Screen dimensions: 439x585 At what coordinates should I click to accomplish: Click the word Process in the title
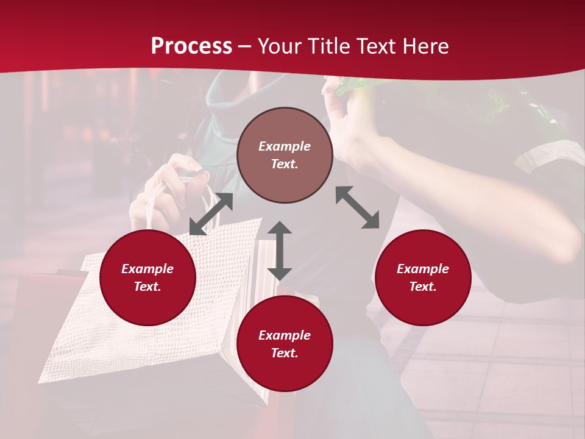191,46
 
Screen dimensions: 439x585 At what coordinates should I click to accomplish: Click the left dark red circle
147,277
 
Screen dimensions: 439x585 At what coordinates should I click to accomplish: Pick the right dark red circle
423,277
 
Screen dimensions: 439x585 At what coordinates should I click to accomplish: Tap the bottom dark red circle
285,344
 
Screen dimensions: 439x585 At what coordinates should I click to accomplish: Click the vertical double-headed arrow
280,251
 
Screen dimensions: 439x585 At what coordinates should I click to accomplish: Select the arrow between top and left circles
211,214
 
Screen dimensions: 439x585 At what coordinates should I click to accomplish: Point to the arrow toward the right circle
358,207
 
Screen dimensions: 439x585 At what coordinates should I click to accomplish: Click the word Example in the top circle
285,146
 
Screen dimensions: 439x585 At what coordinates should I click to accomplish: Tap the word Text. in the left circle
147,287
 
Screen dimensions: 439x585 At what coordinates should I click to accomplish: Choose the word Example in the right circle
423,269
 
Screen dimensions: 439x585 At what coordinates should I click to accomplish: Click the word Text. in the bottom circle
285,353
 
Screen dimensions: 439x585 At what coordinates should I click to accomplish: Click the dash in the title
245,47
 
